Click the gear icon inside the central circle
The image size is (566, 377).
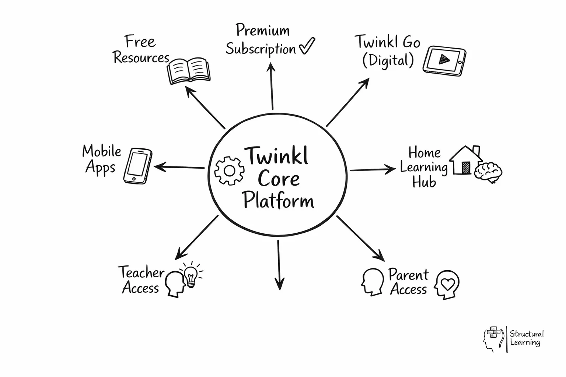click(229, 170)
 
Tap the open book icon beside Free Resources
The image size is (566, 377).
click(189, 71)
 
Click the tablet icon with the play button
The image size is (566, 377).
click(444, 61)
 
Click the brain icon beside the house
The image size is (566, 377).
click(488, 172)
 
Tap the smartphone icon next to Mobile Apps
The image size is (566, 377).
click(137, 166)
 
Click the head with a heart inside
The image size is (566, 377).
click(447, 284)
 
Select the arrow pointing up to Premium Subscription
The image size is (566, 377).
click(272, 86)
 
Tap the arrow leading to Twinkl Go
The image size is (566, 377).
click(347, 102)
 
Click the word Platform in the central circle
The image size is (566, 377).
click(278, 201)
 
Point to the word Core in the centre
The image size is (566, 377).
click(279, 179)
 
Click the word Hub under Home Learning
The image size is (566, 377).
click(424, 182)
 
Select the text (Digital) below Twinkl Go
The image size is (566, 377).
click(388, 60)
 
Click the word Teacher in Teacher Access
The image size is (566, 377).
click(141, 272)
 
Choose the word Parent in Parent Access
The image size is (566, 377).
click(408, 275)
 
